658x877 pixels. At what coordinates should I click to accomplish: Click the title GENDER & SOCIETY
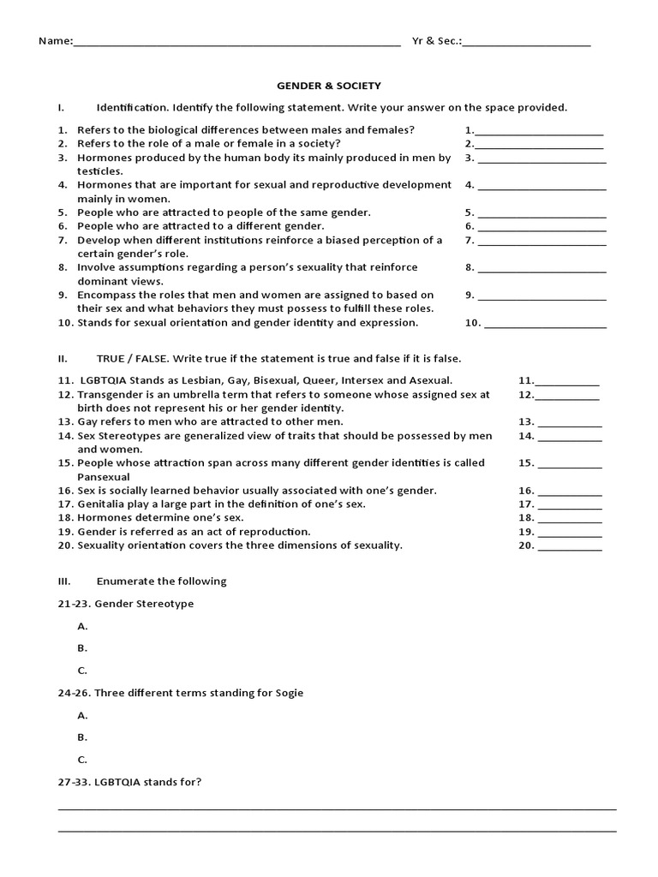click(x=328, y=86)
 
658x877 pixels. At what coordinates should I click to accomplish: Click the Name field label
click(x=55, y=41)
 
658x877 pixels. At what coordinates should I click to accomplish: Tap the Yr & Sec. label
click(x=436, y=41)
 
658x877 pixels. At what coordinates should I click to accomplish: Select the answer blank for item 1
click(x=539, y=132)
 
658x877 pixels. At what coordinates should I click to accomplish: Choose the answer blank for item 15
click(x=571, y=465)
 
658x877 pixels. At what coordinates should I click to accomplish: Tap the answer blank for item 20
click(x=571, y=547)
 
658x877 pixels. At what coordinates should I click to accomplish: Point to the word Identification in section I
click(x=133, y=108)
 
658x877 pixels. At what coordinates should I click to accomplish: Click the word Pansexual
click(x=104, y=476)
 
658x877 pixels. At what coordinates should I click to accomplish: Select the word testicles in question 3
click(x=99, y=171)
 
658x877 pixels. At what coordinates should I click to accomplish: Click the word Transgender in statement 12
click(x=111, y=395)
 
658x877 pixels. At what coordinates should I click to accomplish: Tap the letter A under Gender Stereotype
click(x=82, y=626)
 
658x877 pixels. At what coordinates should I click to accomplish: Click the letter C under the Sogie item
click(x=82, y=759)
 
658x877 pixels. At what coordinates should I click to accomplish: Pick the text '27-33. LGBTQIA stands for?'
click(x=129, y=782)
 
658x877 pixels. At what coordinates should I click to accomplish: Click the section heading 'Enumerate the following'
click(x=161, y=582)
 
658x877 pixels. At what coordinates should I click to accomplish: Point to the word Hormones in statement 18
click(x=104, y=518)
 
